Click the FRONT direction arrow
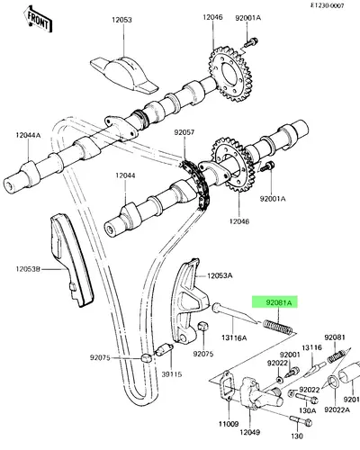38,20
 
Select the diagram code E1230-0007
327,5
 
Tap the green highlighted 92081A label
274,302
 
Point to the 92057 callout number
184,132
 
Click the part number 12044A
28,135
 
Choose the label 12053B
28,269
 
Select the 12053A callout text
220,275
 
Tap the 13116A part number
234,337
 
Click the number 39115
172,374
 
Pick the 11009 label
229,424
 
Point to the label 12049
249,432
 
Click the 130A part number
307,410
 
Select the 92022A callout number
337,409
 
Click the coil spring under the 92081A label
278,328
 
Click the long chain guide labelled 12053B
72,259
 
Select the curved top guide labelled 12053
124,75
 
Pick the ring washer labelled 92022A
333,382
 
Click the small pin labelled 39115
164,349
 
